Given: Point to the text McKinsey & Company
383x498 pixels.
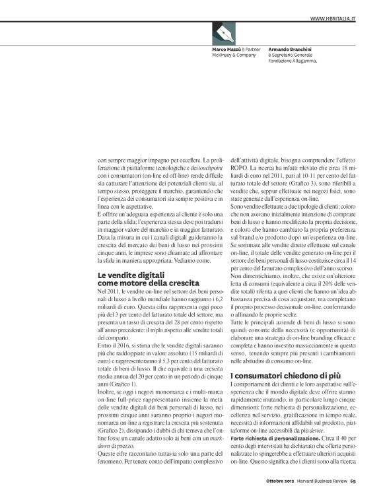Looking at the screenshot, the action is tap(233, 55).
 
